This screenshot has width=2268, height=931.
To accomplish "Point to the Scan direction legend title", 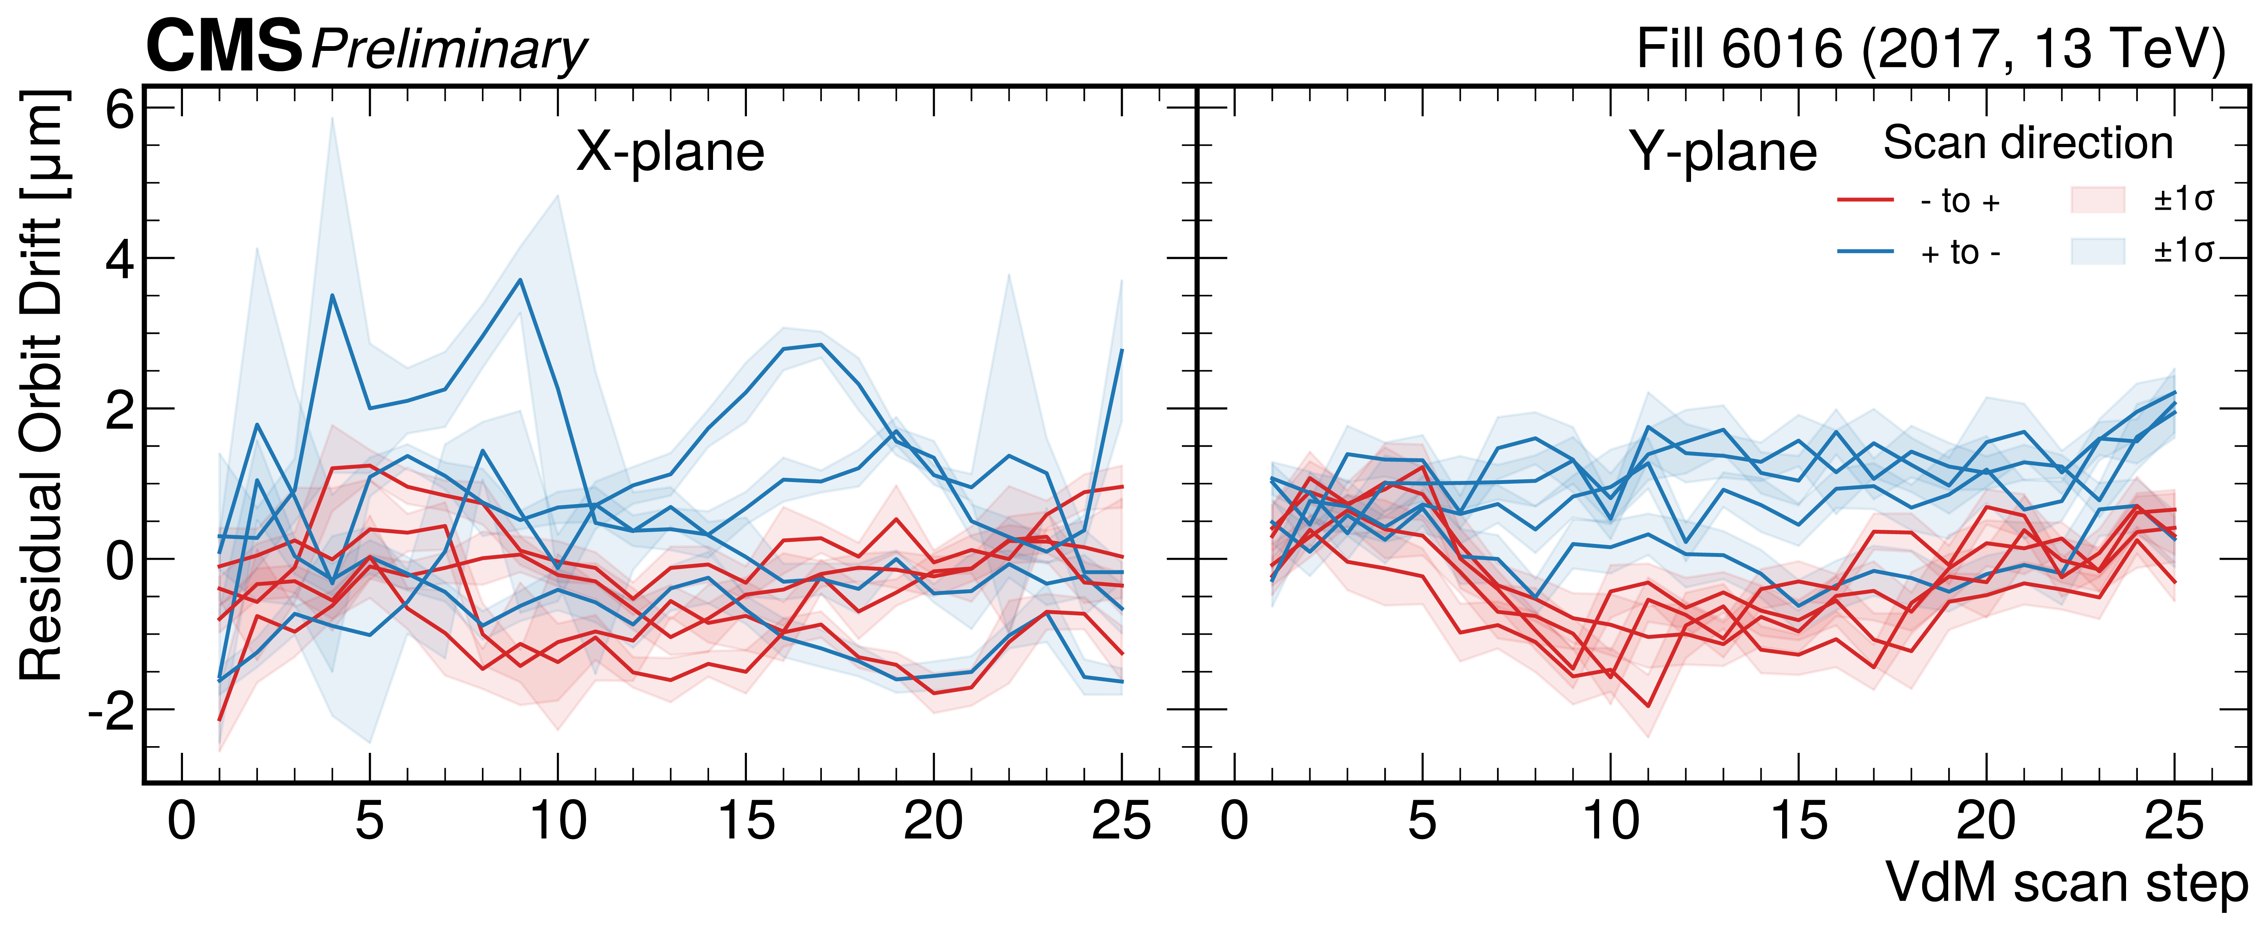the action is coord(2028,143).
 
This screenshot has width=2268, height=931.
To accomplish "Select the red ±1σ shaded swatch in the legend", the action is coord(2098,200).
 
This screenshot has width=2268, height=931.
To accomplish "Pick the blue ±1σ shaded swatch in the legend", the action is coord(2098,251).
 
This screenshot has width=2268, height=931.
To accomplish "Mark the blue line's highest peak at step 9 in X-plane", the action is coord(520,280).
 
